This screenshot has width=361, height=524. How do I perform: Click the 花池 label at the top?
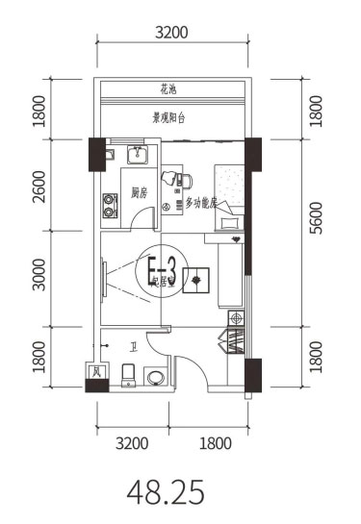[x=168, y=90]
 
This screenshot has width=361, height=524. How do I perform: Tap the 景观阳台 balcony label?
[x=169, y=118]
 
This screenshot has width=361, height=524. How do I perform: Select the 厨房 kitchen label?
[x=140, y=192]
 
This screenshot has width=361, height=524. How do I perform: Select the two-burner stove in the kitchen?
[x=107, y=205]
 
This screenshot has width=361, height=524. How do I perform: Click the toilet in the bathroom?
[x=129, y=375]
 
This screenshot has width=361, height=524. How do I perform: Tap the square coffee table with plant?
[x=197, y=279]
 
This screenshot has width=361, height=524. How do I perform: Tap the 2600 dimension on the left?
[x=39, y=186]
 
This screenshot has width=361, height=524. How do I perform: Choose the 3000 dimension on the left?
[x=39, y=279]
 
